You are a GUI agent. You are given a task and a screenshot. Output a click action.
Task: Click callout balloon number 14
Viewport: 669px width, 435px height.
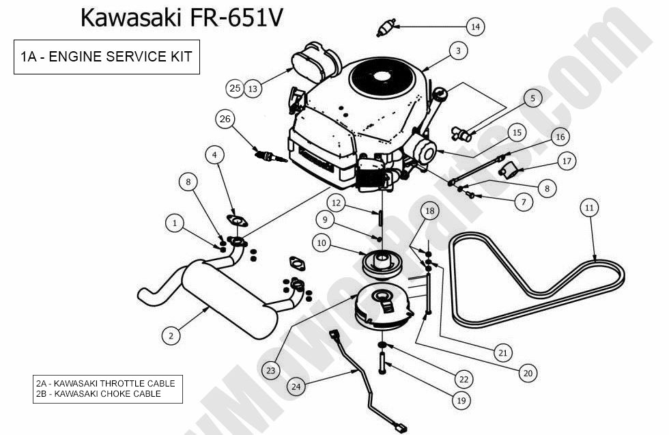click(x=475, y=27)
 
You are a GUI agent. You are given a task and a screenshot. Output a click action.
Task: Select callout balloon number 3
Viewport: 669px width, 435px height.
click(x=458, y=51)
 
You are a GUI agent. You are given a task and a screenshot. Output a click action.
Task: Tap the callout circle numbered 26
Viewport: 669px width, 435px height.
click(x=226, y=119)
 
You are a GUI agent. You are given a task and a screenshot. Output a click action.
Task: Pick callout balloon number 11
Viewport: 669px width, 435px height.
click(x=590, y=207)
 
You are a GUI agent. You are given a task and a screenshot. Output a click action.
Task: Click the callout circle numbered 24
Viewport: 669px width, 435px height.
click(x=296, y=387)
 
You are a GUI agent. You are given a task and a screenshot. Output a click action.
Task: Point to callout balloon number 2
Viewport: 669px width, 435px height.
click(x=171, y=335)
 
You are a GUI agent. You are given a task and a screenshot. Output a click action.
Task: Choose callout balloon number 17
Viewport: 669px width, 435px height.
click(x=566, y=161)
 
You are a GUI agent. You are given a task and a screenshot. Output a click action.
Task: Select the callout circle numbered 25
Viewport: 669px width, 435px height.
click(x=235, y=88)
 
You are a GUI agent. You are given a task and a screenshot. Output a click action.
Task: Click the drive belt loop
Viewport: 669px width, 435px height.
click(x=539, y=280)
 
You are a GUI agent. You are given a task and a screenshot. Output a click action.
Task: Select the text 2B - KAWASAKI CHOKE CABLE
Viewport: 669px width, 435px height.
click(x=98, y=393)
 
